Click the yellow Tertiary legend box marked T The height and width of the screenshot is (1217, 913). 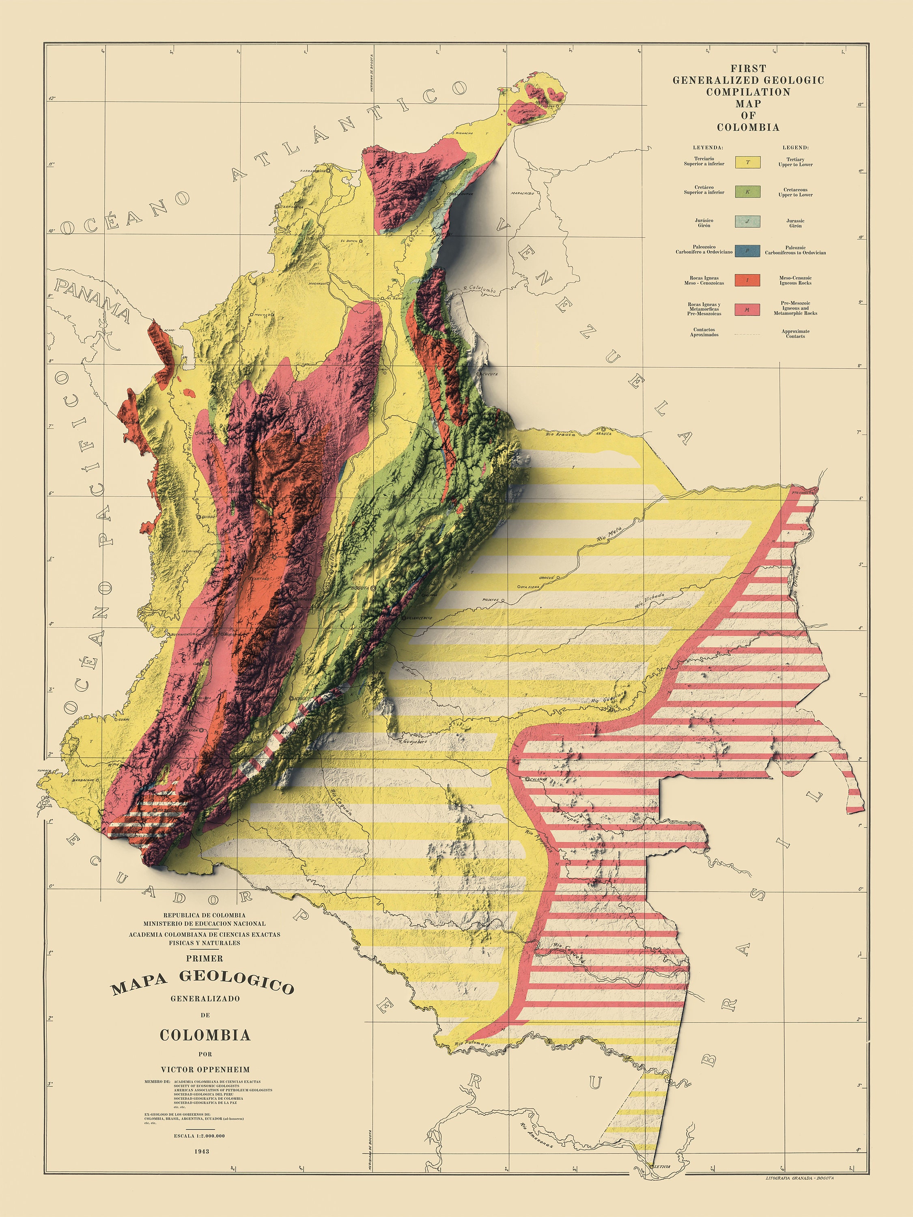[747, 162]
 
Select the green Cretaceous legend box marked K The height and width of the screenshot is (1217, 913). [747, 191]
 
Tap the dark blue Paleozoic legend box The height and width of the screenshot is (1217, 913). [747, 251]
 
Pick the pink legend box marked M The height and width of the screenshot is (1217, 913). [747, 310]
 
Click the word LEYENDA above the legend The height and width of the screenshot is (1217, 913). [708, 147]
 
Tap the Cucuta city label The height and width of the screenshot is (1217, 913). [490, 374]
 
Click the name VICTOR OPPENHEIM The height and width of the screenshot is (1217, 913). [205, 1069]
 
